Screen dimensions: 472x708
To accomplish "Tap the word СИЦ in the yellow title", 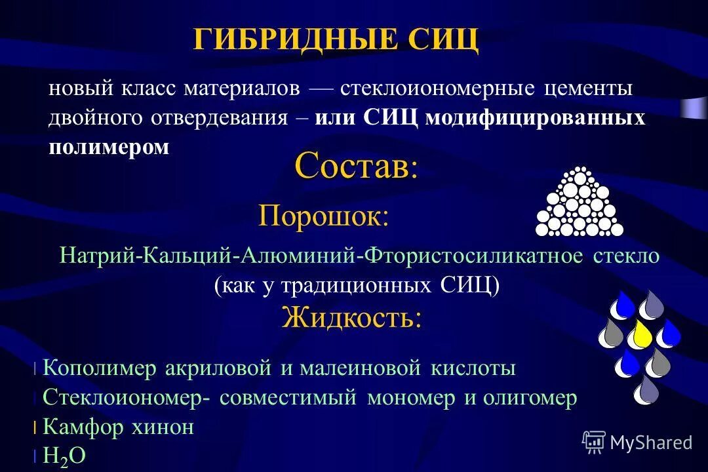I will tap(444, 39).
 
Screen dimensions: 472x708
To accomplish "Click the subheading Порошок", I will tap(323, 215).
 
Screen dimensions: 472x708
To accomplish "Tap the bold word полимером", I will tap(109, 147).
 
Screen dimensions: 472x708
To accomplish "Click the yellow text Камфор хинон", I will tap(118, 427).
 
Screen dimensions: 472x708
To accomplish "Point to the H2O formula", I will tap(64, 456).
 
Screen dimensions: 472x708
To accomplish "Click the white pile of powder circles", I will tap(579, 203).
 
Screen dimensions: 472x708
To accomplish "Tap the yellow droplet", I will tap(640, 334).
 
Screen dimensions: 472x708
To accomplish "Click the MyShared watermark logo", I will tap(637, 442).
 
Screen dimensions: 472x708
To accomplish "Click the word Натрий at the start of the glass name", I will tap(97, 255).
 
